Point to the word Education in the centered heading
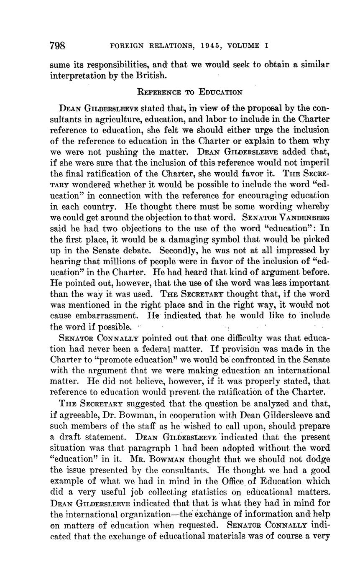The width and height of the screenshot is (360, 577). pos(220,92)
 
